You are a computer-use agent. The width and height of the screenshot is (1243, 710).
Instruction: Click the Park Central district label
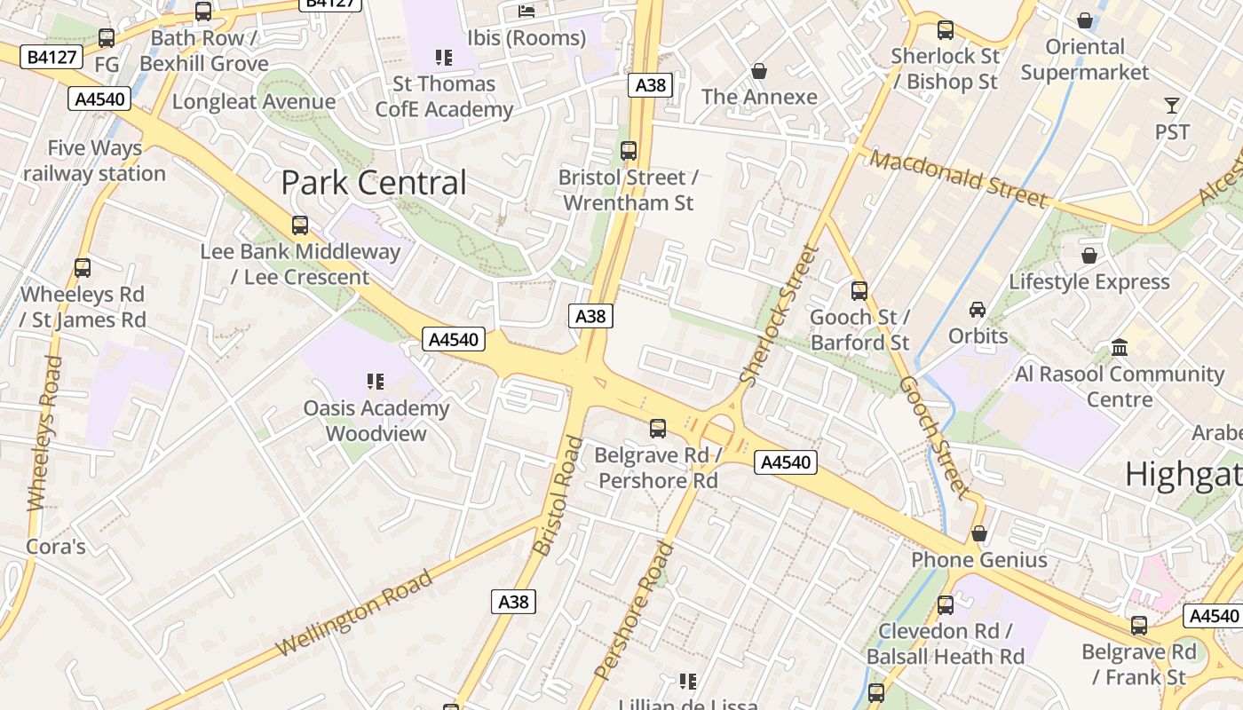tap(373, 183)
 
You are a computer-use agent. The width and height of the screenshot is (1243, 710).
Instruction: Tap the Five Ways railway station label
tap(94, 161)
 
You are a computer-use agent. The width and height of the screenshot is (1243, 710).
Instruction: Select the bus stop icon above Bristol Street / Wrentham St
tap(629, 150)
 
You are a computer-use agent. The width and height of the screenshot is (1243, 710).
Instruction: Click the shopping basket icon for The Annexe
tap(759, 70)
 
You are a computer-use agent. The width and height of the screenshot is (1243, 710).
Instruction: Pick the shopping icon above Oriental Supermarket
tap(1084, 20)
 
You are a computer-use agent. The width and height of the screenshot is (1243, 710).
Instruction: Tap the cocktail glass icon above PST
tap(1172, 106)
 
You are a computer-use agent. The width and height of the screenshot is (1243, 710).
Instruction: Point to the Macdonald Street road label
tap(959, 179)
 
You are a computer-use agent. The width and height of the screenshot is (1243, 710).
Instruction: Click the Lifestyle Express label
tap(1089, 282)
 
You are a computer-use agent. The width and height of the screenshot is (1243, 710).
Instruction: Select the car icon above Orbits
tap(978, 309)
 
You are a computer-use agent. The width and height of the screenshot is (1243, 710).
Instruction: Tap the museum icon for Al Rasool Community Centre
tap(1120, 347)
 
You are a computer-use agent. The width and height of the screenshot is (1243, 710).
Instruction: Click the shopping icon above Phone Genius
tap(979, 533)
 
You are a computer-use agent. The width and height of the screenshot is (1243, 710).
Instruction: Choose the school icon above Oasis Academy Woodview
tap(376, 382)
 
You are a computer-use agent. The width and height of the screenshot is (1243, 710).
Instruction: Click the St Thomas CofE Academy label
tap(444, 97)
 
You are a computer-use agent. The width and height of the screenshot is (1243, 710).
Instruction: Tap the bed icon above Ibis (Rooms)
tap(527, 12)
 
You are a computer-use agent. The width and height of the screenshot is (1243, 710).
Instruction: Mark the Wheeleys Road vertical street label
tap(42, 433)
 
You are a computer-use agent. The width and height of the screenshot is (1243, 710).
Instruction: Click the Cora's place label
tap(56, 546)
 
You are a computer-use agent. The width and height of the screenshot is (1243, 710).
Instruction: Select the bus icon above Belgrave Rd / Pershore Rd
tap(658, 429)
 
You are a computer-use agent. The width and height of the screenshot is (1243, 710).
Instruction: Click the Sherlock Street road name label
tap(779, 315)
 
